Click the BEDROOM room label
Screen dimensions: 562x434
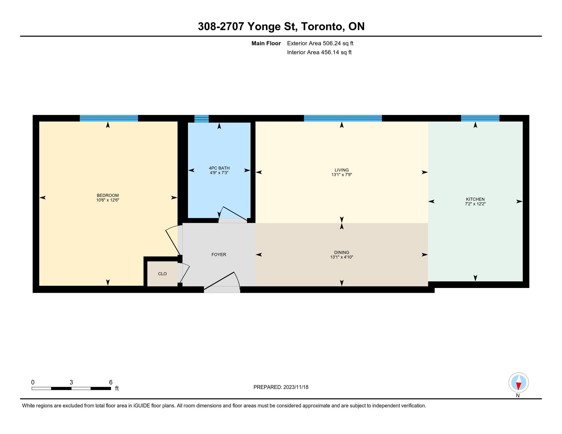click(108, 195)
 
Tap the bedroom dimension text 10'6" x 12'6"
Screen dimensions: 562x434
click(108, 200)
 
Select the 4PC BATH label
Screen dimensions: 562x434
click(219, 168)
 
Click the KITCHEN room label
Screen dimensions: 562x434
click(475, 199)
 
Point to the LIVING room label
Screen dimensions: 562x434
click(342, 170)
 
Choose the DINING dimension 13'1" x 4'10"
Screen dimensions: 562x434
click(342, 257)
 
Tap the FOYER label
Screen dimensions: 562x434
click(219, 255)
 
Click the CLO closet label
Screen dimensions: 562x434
click(162, 274)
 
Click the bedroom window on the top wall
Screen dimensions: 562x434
click(109, 118)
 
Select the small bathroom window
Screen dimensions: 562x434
click(202, 119)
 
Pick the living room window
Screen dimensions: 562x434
click(343, 118)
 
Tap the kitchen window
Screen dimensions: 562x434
click(480, 118)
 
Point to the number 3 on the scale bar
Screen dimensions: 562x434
click(71, 382)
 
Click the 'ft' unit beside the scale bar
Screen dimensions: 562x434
click(117, 388)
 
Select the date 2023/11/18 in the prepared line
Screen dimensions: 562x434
click(296, 387)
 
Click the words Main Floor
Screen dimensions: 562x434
click(266, 43)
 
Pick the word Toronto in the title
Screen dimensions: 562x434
click(322, 27)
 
